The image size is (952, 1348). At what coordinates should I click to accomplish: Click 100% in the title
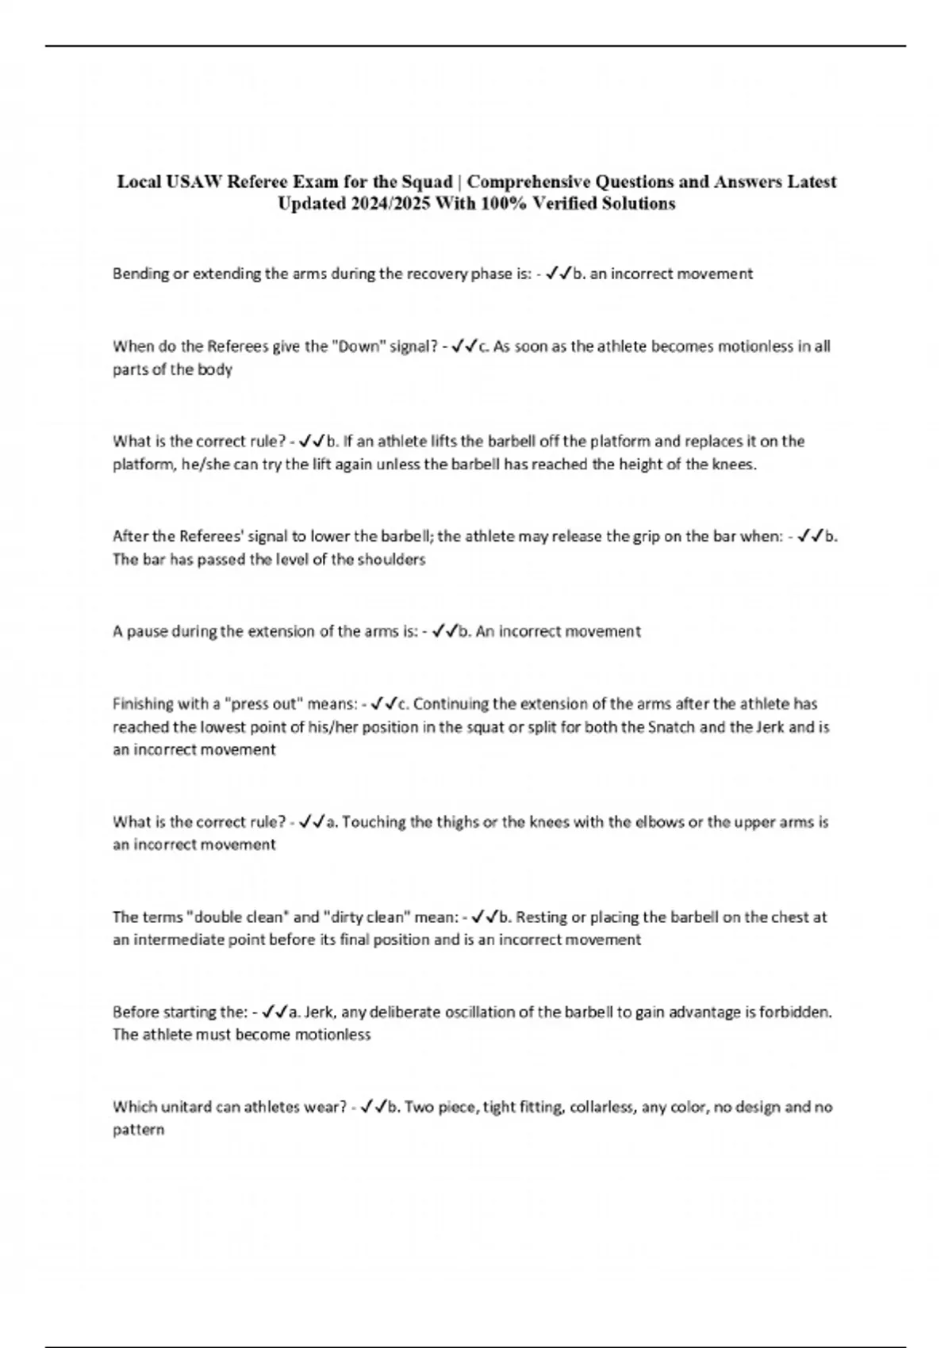pyautogui.click(x=503, y=204)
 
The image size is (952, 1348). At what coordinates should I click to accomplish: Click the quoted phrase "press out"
pyautogui.click(x=256, y=704)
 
